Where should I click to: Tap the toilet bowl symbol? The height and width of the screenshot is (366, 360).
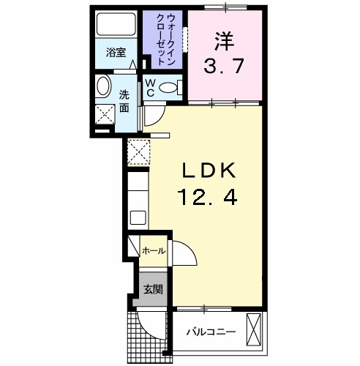pyautogui.click(x=168, y=88)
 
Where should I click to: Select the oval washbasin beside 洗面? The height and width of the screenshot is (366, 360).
pyautogui.click(x=102, y=85)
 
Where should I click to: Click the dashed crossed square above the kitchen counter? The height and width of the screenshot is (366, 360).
pyautogui.click(x=138, y=152)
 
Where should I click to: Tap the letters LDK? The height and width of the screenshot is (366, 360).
pyautogui.click(x=208, y=171)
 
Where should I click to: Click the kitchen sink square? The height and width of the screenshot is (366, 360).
pyautogui.click(x=138, y=217)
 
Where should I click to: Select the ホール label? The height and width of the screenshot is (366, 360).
pyautogui.click(x=153, y=251)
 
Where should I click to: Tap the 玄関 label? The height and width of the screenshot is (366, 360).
pyautogui.click(x=153, y=288)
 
